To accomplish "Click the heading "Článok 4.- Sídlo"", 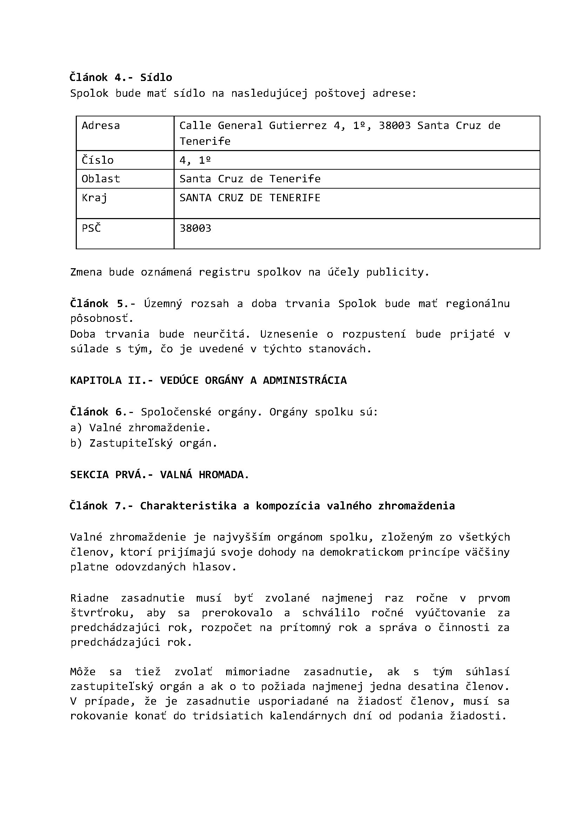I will coord(121,77).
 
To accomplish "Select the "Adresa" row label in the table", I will coord(101,126).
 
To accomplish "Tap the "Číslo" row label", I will coord(97,160).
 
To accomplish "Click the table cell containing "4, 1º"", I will coord(195,160).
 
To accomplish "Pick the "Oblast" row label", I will coord(101,178).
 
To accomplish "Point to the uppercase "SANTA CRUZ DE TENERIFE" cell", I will coord(250,197).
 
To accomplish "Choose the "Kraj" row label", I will coord(94,197).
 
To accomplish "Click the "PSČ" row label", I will coord(92,228).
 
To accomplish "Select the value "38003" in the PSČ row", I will coord(195,228).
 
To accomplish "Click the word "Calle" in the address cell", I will coord(195,126).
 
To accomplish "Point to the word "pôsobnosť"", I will coord(101,318).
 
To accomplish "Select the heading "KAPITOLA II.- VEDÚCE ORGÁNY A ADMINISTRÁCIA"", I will coord(208,380).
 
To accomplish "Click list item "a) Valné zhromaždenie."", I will coord(140,427).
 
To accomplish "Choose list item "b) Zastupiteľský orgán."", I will coord(143,443).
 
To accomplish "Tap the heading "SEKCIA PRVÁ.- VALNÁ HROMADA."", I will coord(159,475).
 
